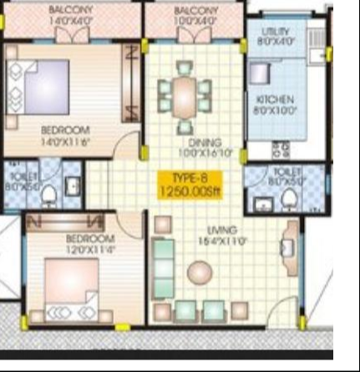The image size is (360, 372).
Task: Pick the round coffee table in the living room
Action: coord(200,272)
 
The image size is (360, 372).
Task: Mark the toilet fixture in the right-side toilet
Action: coord(289,199)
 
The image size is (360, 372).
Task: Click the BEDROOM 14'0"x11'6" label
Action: coord(65,135)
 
